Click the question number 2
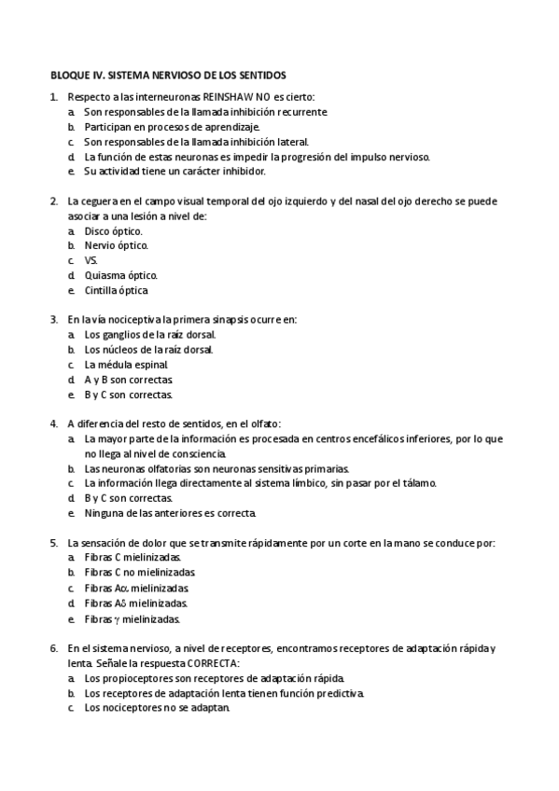pyautogui.click(x=53, y=201)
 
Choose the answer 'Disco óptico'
pyautogui.click(x=113, y=230)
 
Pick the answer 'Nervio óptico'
pyautogui.click(x=116, y=245)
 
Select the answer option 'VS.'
pyautogui.click(x=91, y=260)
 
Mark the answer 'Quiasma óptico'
pyautogui.click(x=120, y=275)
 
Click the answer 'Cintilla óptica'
pyautogui.click(x=116, y=290)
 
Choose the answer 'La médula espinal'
pyautogui.click(x=126, y=365)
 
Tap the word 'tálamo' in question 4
pyautogui.click(x=417, y=483)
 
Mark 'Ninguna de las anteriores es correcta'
pyautogui.click(x=170, y=513)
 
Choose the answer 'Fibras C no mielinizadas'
pyautogui.click(x=140, y=573)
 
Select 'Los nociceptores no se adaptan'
pyautogui.click(x=157, y=707)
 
